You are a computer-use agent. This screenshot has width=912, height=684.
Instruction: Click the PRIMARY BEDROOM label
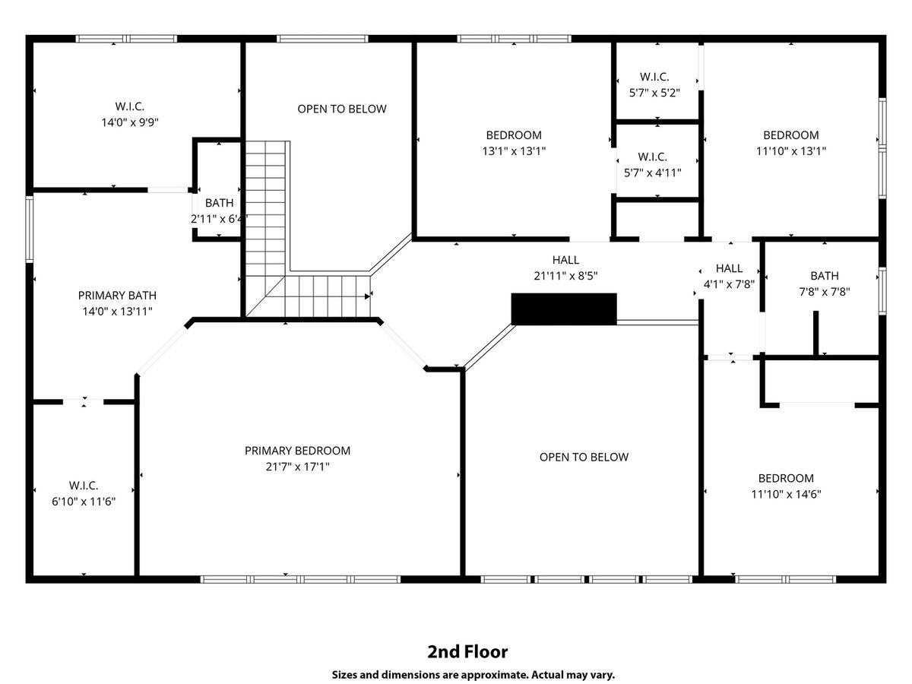coord(297,451)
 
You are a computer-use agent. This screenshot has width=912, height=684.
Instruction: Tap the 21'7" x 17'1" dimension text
coord(297,467)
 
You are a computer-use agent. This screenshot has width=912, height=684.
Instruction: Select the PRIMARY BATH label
coord(117,296)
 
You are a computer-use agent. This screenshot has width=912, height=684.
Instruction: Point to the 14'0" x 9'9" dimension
coord(130,122)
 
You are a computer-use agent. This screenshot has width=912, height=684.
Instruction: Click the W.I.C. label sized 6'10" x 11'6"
coord(84,485)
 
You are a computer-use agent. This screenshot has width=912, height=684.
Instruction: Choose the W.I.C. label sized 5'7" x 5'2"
coord(654,77)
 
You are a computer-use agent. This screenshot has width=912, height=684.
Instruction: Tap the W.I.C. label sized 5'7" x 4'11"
coord(652,157)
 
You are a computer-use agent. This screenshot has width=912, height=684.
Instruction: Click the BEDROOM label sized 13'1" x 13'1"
coord(514,135)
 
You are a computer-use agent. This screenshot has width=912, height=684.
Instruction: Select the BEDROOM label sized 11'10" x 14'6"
coord(786,478)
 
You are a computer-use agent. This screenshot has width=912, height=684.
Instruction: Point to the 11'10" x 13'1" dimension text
coord(790,150)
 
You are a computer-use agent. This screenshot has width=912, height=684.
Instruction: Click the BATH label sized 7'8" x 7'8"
coord(825,276)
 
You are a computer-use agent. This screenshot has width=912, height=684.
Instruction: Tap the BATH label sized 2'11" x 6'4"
coord(219,203)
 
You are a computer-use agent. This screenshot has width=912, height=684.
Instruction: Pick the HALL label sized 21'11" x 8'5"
coord(565,260)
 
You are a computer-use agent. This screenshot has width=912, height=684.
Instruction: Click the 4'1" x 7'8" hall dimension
coord(729,284)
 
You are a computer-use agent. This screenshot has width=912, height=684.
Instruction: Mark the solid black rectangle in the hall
coord(564,309)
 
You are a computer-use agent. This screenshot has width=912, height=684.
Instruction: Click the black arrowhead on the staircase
coord(367,296)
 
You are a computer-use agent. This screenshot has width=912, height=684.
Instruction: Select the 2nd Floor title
coord(467,651)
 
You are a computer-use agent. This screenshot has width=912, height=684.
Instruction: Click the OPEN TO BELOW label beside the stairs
coord(341,109)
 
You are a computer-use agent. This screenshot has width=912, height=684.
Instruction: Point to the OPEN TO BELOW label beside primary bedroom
coord(584,457)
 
